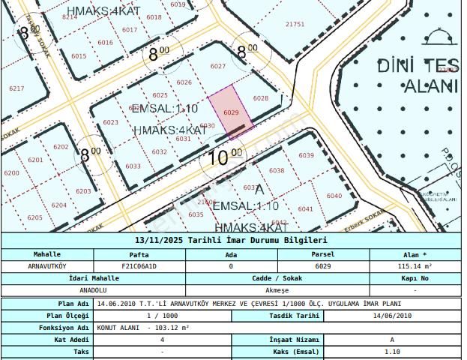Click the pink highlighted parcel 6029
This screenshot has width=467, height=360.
point(229,110)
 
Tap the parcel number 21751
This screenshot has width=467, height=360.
point(295,24)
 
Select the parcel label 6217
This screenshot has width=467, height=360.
point(16,88)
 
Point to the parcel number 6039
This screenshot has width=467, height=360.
point(306,155)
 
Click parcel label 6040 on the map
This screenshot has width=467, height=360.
point(334,196)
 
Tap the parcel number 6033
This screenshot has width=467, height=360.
point(133,166)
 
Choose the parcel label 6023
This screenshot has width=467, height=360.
point(111,122)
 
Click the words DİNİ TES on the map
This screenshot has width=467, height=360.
point(417,64)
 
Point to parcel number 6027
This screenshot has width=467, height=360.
point(218,67)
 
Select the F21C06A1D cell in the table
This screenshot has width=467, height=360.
point(139,265)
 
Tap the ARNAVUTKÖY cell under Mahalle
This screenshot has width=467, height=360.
point(46,265)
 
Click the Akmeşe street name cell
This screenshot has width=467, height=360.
point(277,290)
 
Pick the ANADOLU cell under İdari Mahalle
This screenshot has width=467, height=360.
point(46,290)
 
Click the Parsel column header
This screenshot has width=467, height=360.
point(323,254)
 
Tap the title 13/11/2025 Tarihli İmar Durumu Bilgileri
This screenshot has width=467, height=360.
point(231,241)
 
